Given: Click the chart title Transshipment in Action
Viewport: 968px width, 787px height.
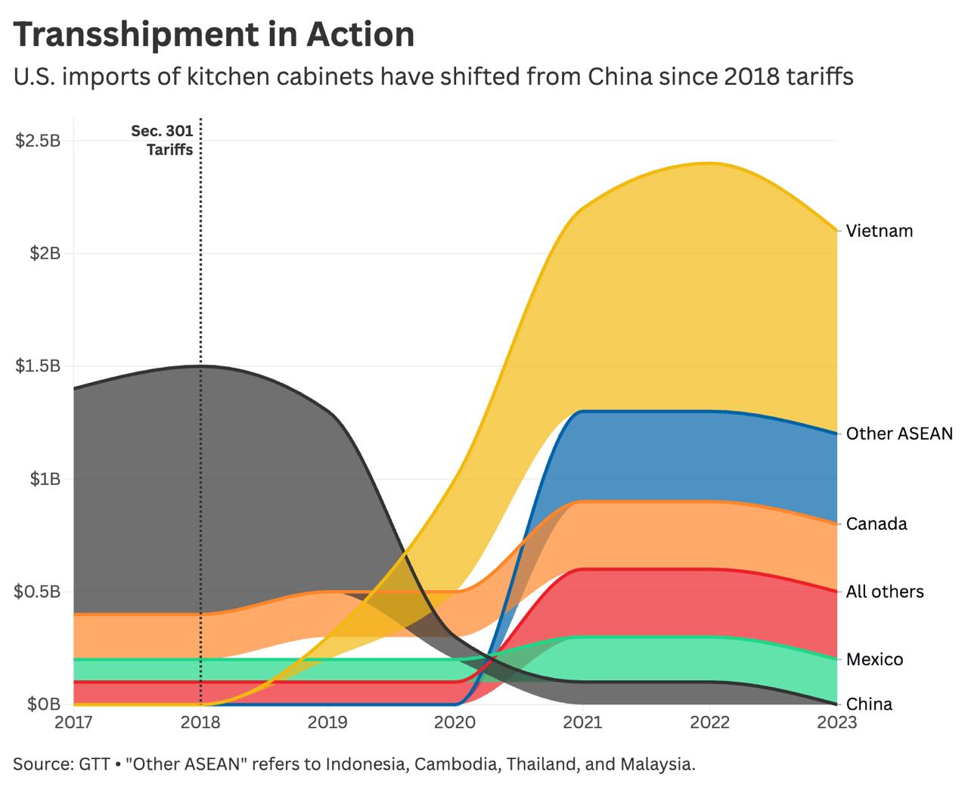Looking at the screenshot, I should pyautogui.click(x=214, y=34).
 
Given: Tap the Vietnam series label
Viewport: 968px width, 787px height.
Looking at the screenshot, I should pyautogui.click(x=880, y=231).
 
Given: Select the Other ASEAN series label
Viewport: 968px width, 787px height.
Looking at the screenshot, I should pyautogui.click(x=899, y=434).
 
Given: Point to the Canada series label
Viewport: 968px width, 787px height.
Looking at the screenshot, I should pyautogui.click(x=876, y=524).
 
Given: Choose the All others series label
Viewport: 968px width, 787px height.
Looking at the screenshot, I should pyautogui.click(x=885, y=592).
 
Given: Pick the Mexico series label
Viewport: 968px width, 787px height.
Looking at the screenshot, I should pyautogui.click(x=874, y=659).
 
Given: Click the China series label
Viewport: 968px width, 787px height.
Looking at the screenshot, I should pyautogui.click(x=869, y=705).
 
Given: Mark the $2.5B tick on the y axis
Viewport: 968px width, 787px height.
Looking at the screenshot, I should pyautogui.click(x=39, y=141).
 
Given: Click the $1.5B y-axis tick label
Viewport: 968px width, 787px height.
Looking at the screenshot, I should pyautogui.click(x=39, y=366).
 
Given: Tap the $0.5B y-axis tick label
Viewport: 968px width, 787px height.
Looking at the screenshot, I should pyautogui.click(x=39, y=591).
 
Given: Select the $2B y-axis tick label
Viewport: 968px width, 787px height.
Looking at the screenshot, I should pyautogui.click(x=45, y=253).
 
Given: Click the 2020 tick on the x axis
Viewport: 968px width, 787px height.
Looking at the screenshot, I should pyautogui.click(x=455, y=723).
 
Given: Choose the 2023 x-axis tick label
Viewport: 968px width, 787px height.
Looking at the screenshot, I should pyautogui.click(x=836, y=723).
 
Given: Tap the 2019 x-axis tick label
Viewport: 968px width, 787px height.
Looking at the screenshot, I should pyautogui.click(x=327, y=723).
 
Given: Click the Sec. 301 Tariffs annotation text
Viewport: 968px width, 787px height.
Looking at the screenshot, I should pyautogui.click(x=163, y=140).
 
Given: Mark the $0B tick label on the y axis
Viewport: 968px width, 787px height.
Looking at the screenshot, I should pyautogui.click(x=44, y=705).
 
